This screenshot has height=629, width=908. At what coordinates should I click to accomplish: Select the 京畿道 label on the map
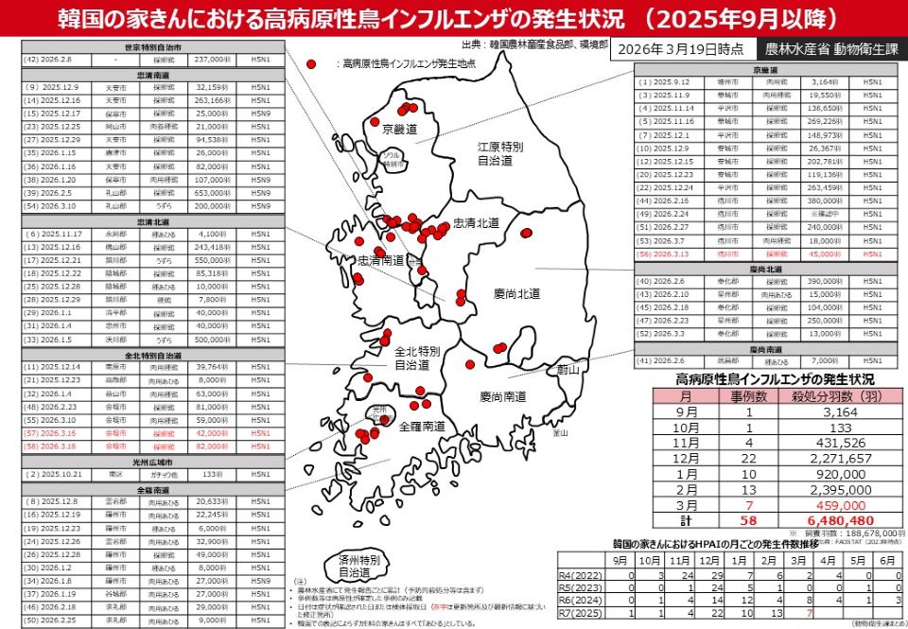399,127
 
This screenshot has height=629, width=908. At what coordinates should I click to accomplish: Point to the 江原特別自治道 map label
500,154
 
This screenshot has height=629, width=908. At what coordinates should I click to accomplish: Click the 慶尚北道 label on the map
516,294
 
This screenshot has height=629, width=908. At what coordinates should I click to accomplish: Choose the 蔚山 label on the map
567,370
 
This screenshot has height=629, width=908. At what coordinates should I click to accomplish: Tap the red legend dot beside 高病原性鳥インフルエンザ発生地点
311,62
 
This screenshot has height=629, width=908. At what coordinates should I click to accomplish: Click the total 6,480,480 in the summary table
833,519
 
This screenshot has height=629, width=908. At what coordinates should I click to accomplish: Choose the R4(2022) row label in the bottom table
579,574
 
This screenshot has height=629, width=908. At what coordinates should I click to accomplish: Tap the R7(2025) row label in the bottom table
579,614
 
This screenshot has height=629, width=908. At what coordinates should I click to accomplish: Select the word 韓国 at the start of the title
78,18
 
